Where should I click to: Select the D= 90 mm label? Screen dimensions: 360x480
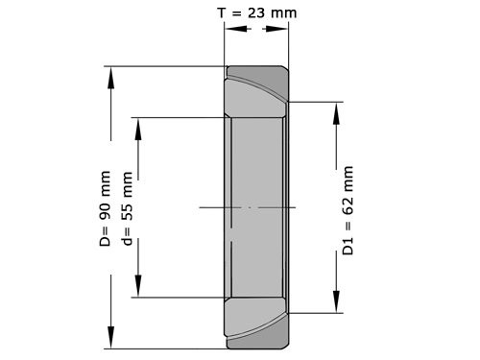click(x=106, y=209)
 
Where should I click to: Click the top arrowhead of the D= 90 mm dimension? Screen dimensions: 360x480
click(x=112, y=77)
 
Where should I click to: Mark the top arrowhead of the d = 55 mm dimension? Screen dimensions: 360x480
click(x=140, y=127)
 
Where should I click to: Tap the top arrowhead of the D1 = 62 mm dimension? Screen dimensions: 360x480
click(x=337, y=111)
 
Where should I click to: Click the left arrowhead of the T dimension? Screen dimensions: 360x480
click(x=231, y=28)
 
